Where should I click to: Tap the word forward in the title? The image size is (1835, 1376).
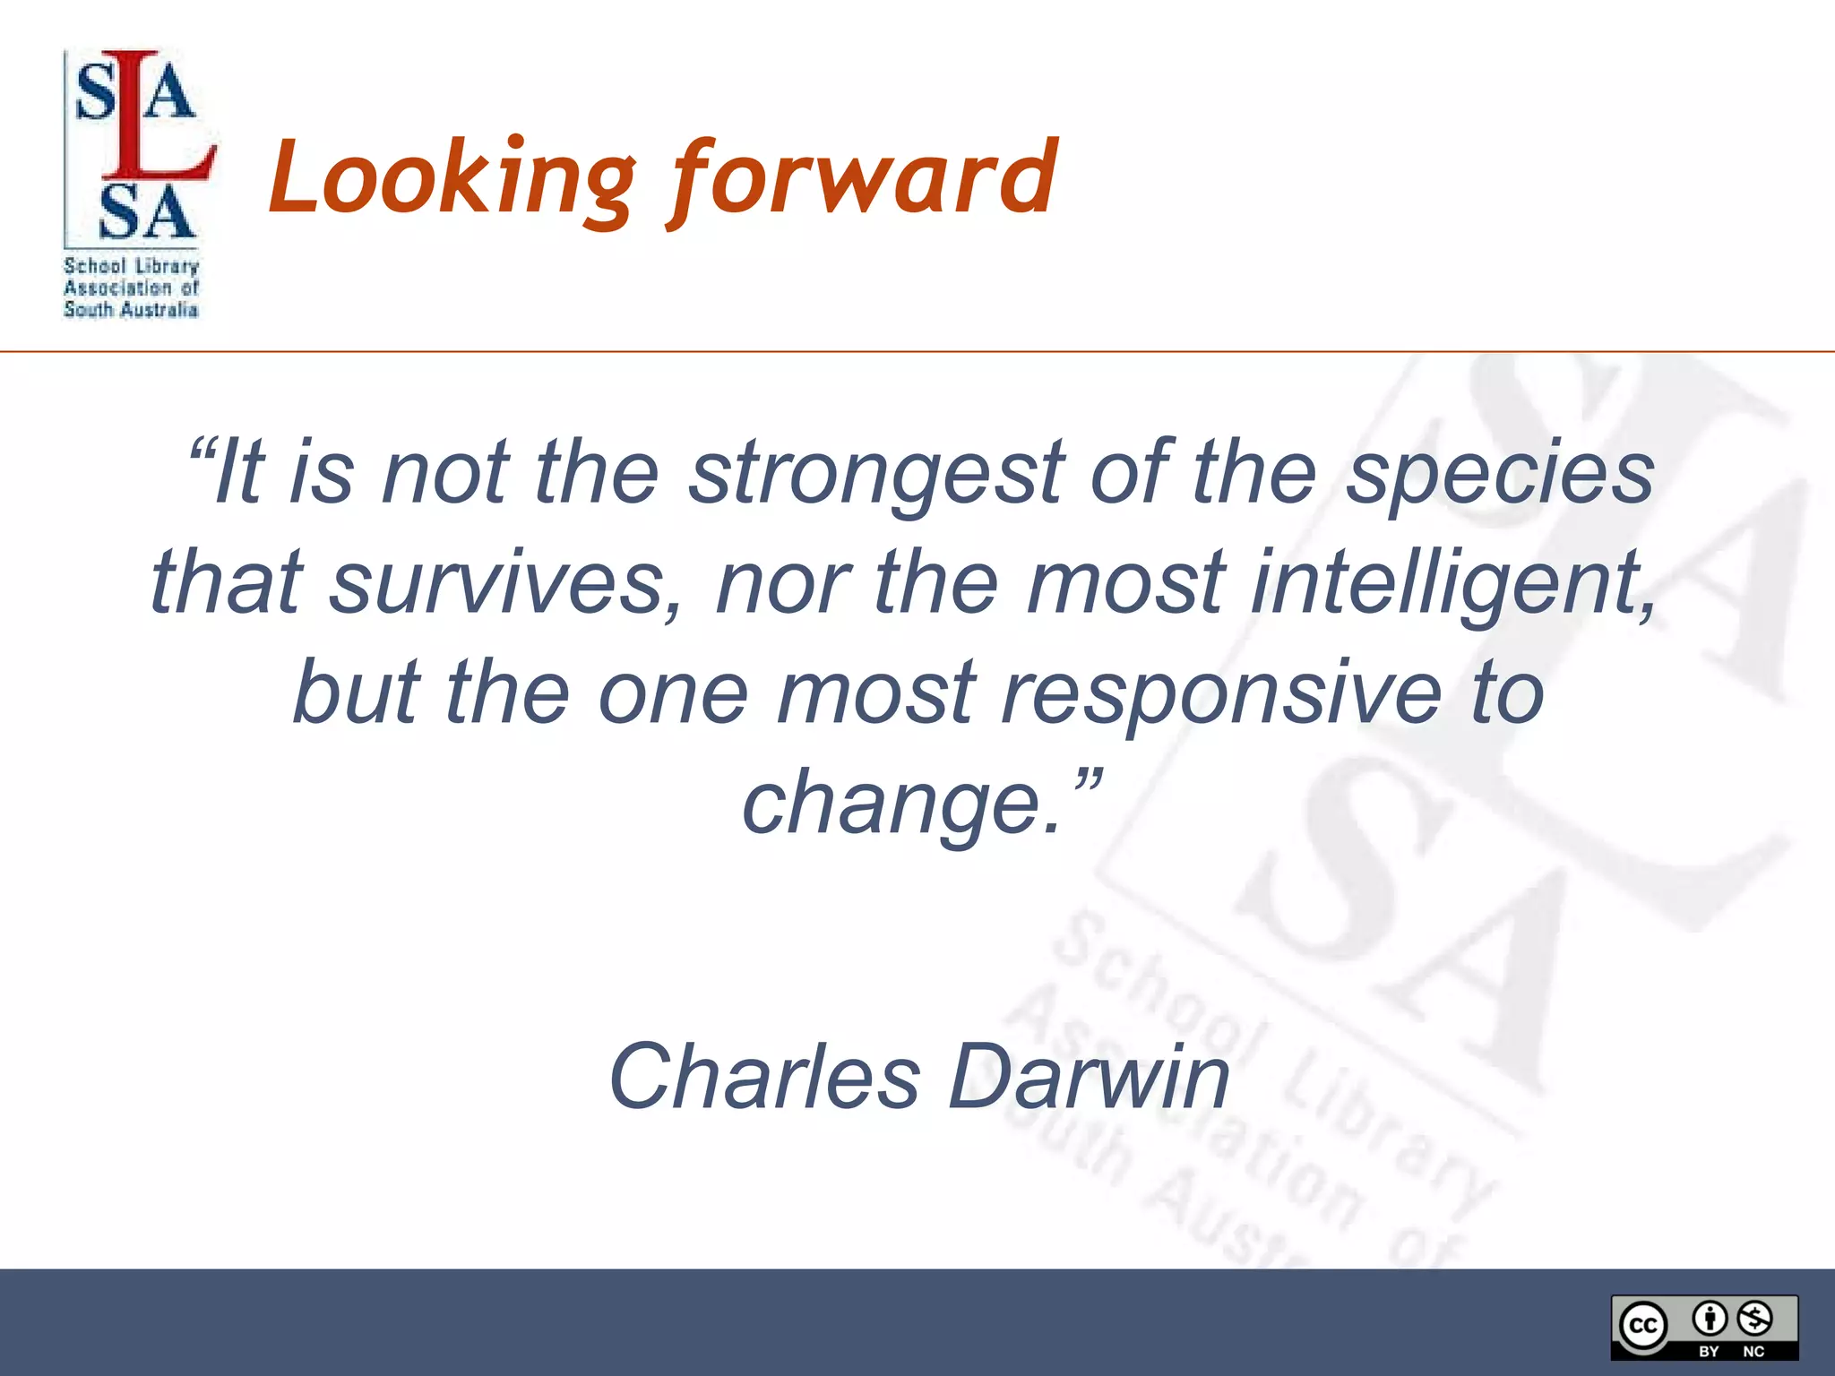coord(865,179)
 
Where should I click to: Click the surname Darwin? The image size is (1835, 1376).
coord(1089,1077)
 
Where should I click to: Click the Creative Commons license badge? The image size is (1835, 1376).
coord(1704,1327)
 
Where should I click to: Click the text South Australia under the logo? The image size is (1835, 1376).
coord(131,310)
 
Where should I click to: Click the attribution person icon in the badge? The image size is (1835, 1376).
coord(1710,1318)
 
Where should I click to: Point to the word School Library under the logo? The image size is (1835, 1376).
coord(131,266)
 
